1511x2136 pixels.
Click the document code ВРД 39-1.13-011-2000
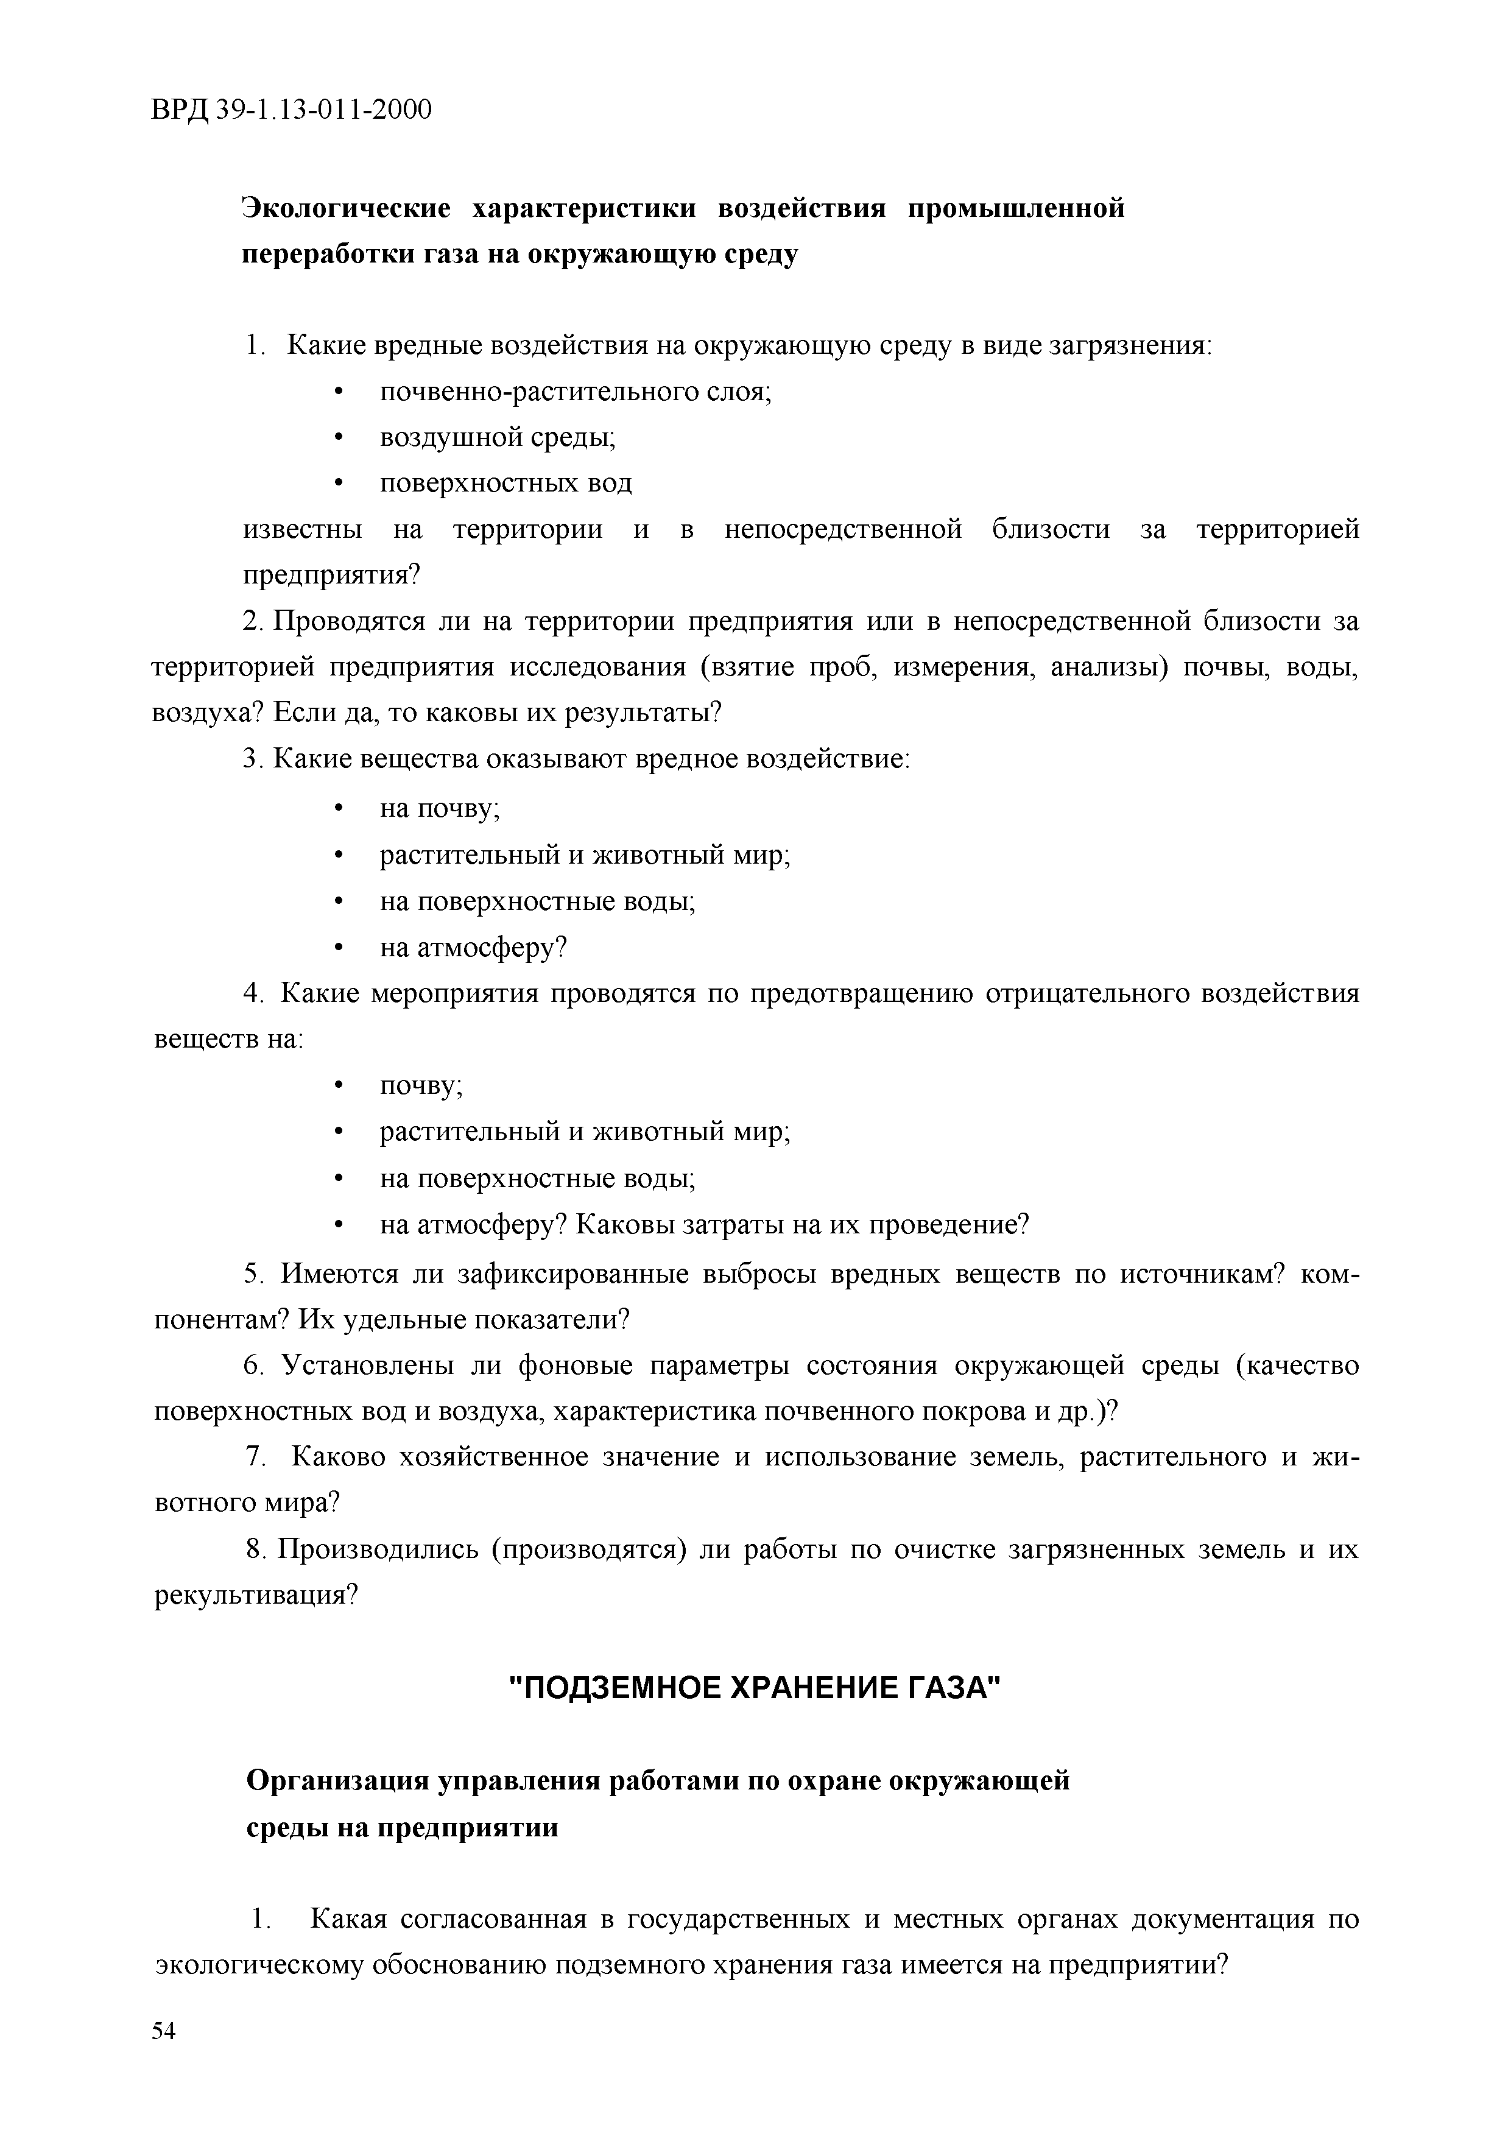291,111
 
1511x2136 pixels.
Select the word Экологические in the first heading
346,208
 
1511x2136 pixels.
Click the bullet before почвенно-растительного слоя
339,393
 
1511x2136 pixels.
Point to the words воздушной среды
498,437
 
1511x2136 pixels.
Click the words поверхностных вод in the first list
505,484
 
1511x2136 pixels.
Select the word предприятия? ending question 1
332,576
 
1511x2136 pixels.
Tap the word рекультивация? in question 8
256,1596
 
